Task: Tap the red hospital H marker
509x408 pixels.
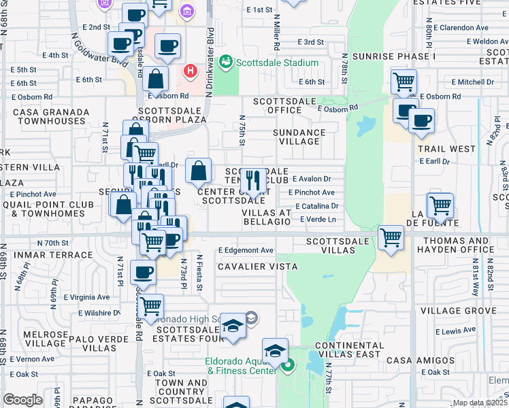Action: point(191,69)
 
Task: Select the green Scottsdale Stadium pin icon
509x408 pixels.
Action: point(226,63)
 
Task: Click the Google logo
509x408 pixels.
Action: point(23,400)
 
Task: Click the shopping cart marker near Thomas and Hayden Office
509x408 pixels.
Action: point(391,238)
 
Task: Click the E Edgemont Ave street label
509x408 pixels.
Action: point(246,250)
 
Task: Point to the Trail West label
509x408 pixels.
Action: point(446,148)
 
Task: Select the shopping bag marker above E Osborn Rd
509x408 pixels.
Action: point(157,79)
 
